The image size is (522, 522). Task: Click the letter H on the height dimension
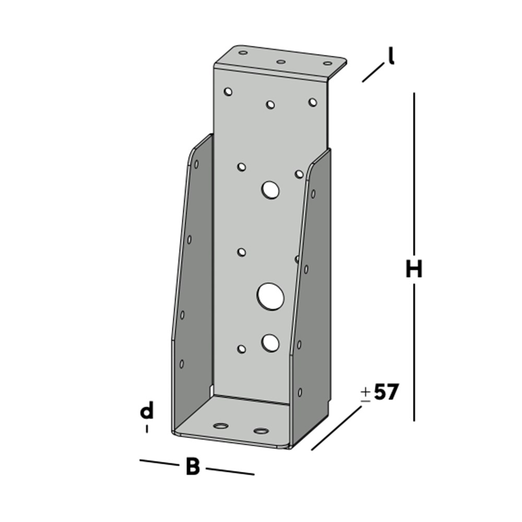tap(414, 270)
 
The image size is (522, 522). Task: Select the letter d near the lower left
tap(147, 412)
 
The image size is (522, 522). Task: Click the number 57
tap(386, 393)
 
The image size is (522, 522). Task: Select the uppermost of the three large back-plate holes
tap(271, 190)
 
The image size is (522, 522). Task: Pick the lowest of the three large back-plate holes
tap(270, 342)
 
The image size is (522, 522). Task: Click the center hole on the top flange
tap(281, 62)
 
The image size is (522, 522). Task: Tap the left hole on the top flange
tap(243, 53)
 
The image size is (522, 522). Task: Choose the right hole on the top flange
tap(327, 64)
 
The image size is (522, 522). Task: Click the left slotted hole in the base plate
tap(221, 426)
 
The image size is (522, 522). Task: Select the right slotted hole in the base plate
tap(260, 431)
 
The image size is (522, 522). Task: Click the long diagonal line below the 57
tap(337, 428)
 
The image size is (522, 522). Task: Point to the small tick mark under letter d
tap(147, 429)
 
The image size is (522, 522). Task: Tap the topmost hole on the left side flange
tap(196, 164)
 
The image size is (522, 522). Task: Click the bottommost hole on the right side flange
tap(300, 392)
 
